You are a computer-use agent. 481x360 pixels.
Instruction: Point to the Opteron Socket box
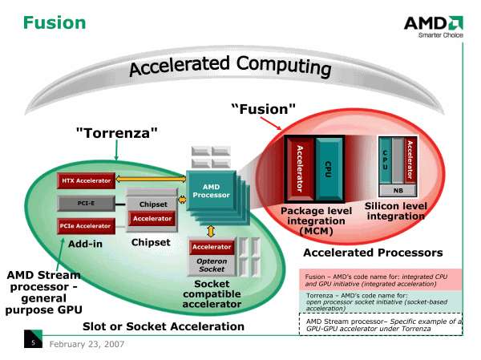click(x=212, y=265)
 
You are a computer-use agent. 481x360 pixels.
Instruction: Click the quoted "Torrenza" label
click(x=116, y=131)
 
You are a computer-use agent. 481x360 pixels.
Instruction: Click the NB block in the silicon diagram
click(x=398, y=191)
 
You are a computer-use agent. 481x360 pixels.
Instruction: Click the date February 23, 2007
click(x=86, y=344)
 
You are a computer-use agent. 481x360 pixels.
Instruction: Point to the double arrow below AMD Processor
click(x=212, y=231)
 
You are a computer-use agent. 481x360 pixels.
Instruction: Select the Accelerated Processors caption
click(x=373, y=253)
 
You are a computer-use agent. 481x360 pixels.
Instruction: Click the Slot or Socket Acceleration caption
click(x=164, y=326)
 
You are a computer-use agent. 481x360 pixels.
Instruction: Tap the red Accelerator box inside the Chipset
click(x=152, y=218)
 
